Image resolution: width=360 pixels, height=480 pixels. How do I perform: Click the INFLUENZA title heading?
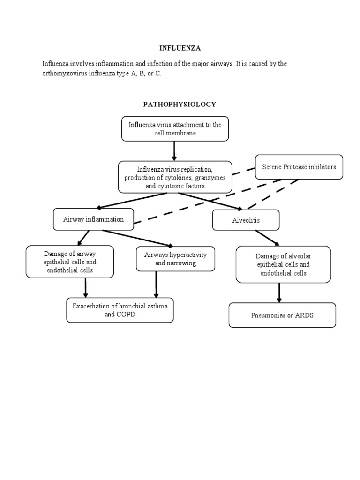click(180, 48)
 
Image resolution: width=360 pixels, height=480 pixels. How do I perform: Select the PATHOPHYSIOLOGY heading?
click(180, 104)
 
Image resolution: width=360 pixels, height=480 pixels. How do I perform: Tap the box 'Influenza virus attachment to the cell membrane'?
click(175, 129)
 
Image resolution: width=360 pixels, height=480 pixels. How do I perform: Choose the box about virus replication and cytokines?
click(175, 177)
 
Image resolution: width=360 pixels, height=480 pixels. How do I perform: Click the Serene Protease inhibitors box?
click(299, 167)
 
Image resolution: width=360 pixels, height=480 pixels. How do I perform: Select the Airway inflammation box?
click(93, 219)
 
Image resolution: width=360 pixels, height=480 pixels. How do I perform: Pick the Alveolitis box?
click(246, 220)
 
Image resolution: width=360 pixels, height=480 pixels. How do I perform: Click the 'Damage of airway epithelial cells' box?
click(70, 262)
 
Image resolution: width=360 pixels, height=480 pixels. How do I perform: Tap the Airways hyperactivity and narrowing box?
click(175, 259)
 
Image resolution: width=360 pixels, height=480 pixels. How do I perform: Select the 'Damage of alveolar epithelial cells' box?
click(283, 264)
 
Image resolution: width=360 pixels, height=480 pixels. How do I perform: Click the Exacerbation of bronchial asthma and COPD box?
click(120, 310)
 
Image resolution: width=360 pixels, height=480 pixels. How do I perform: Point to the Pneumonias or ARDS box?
click(282, 315)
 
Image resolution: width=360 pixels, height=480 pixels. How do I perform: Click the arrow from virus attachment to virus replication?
click(174, 151)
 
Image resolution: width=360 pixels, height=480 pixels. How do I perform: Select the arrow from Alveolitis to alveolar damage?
click(267, 238)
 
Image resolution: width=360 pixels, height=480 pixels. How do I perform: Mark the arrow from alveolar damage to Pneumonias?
click(279, 293)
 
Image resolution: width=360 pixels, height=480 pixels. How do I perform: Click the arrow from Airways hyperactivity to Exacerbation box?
click(156, 285)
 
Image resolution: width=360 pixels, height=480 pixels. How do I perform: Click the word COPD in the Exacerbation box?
click(126, 315)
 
